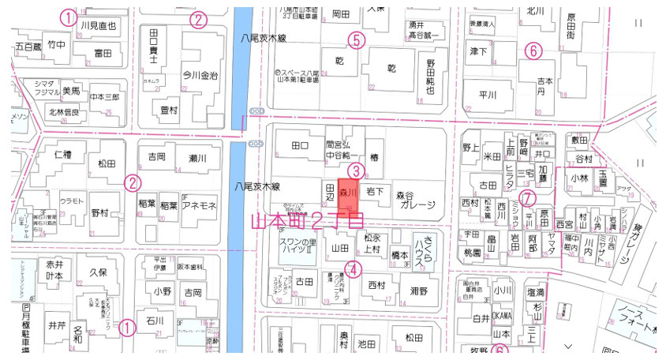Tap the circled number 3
pos(356,171)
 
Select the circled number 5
pos(357,39)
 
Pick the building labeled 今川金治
pos(200,77)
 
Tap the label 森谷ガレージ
pos(415,199)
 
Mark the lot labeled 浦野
pos(419,291)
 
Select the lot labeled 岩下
pos(376,191)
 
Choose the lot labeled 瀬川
pos(196,159)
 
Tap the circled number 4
pos(354,268)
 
